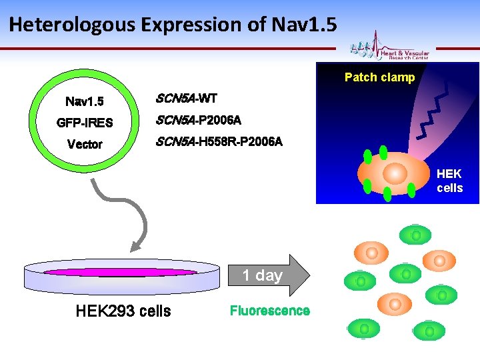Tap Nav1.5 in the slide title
pos(305,25)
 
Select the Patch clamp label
pos(379,77)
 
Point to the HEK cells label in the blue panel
pos(449,181)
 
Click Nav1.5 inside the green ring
pos(85,102)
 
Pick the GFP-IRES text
pos(85,123)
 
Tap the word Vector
pos(85,144)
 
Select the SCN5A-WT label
pos(186,99)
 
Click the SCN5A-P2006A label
pos(198,120)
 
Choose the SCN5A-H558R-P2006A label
pos(219,142)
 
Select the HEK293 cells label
pos(123,311)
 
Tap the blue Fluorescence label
pos(269,311)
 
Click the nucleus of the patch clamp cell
pos(395,173)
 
